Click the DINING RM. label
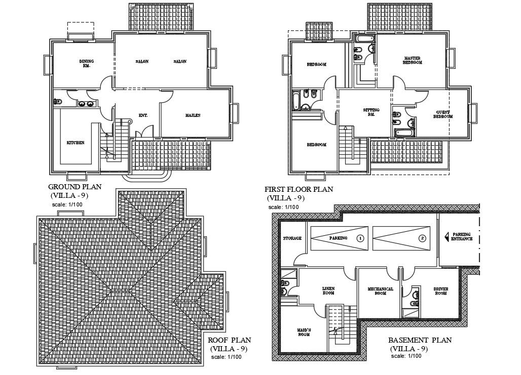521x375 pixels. pyautogui.click(x=87, y=64)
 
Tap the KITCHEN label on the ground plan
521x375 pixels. pyautogui.click(x=76, y=143)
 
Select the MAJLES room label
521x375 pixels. pyautogui.click(x=193, y=115)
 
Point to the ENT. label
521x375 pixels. pyautogui.click(x=143, y=115)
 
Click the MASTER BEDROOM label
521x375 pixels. pyautogui.click(x=412, y=60)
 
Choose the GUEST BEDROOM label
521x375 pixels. pyautogui.click(x=442, y=114)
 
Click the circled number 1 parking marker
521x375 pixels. pyautogui.click(x=360, y=238)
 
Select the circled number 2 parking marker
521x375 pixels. pyautogui.click(x=422, y=238)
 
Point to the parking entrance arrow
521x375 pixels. pyautogui.click(x=445, y=236)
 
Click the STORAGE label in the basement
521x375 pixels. pyautogui.click(x=292, y=238)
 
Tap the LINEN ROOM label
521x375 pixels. pyautogui.click(x=328, y=290)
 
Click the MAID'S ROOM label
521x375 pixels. pyautogui.click(x=304, y=332)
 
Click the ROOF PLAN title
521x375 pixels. pyautogui.click(x=230, y=340)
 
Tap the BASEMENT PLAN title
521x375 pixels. pyautogui.click(x=420, y=340)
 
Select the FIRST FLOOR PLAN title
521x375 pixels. pyautogui.click(x=299, y=189)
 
